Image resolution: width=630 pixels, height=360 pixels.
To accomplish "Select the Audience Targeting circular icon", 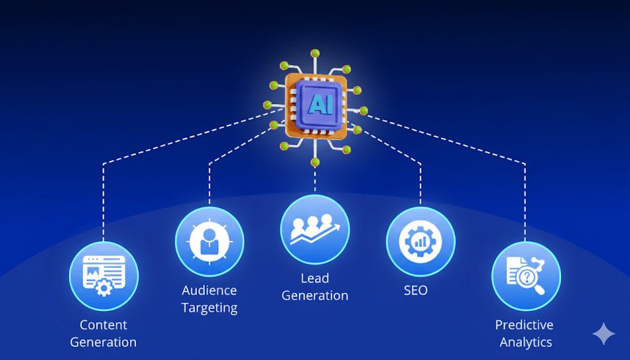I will tap(209, 241).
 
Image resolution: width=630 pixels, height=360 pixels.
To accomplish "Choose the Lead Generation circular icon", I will tap(315, 230).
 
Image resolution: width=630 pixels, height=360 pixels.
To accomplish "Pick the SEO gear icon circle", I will tap(421, 241).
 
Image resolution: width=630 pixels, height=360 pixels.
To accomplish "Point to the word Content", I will tap(103, 325).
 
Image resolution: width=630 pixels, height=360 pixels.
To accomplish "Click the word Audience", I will tap(209, 290).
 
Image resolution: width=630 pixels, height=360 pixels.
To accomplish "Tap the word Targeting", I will tap(209, 307).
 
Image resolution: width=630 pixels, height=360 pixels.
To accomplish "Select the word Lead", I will tap(315, 279).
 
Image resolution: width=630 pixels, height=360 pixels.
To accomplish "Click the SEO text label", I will tap(415, 290).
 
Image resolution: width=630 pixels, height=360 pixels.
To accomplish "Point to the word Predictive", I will tap(524, 325).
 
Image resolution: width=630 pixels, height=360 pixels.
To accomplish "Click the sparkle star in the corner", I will tap(604, 334).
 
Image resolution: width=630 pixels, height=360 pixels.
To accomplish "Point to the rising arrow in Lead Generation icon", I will tap(326, 234).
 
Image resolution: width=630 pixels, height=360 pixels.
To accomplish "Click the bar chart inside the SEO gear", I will tap(421, 242).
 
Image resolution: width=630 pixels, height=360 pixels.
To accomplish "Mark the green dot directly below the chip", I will tap(316, 162).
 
